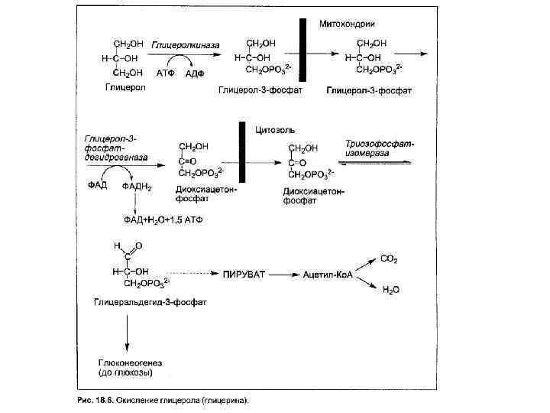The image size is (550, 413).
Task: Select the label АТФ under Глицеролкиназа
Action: pos(166,73)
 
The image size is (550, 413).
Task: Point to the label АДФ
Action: pos(196,73)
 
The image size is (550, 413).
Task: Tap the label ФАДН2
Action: pos(137,186)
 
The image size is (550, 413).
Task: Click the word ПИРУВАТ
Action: pos(247,273)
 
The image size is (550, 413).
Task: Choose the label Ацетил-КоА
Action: pos(327,273)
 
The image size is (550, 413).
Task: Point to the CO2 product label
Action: pos(390,260)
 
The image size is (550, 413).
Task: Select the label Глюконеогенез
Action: pos(126,363)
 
